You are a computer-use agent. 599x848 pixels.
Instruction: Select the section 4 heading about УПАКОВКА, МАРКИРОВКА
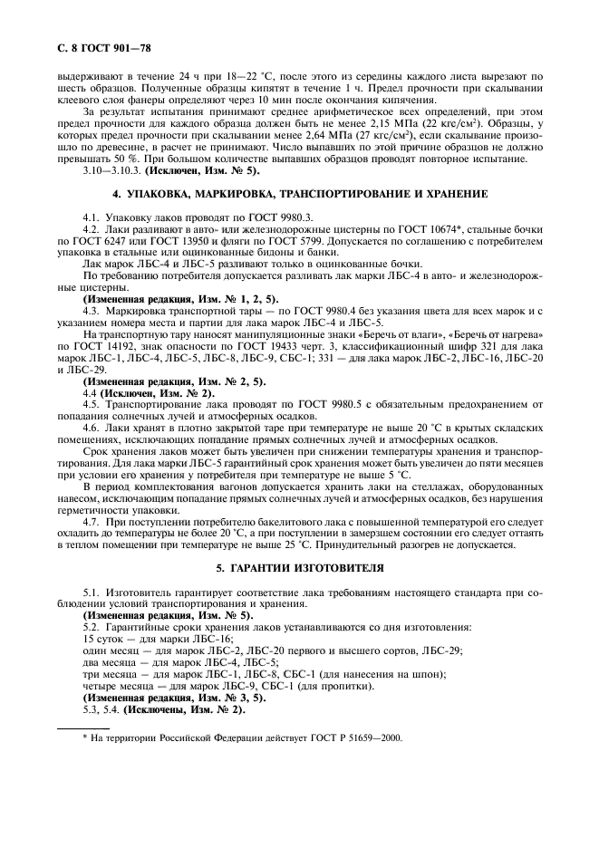click(x=299, y=194)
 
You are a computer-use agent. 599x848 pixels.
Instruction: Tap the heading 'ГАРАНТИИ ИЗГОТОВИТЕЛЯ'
click(x=299, y=568)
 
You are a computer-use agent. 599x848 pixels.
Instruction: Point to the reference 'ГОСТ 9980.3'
click(x=239, y=218)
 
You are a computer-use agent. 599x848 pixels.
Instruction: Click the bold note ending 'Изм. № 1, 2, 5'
click(x=181, y=299)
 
